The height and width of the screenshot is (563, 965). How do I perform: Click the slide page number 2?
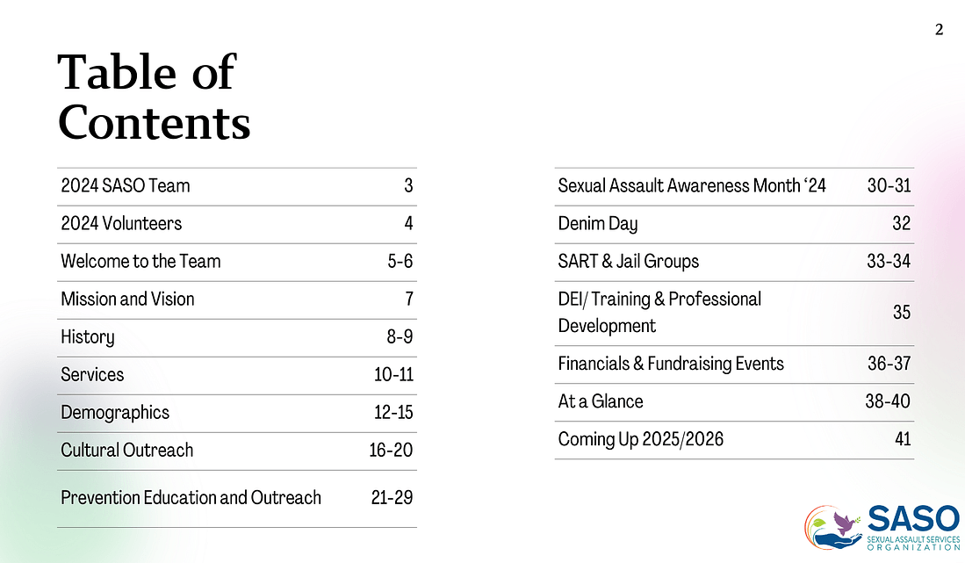coord(939,30)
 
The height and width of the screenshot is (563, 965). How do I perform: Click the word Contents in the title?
coord(154,123)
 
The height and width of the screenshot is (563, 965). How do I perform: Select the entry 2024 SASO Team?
coord(126,186)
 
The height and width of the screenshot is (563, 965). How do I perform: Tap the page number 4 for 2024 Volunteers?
coord(408,224)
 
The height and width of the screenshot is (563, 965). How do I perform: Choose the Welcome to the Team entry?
coord(140,262)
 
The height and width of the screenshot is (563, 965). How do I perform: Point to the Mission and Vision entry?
coord(127,300)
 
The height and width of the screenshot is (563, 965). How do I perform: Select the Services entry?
coord(92,375)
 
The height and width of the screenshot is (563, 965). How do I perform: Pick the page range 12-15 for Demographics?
coord(392,413)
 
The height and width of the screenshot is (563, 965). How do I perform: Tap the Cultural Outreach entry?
coord(126,451)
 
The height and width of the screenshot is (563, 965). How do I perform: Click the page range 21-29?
coord(392,498)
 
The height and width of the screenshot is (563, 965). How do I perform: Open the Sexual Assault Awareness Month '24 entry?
coord(692,186)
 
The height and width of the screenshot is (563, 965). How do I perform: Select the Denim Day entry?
coord(597,224)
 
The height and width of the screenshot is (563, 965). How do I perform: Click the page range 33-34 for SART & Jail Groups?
coord(887,262)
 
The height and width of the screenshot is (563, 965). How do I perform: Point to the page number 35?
coord(901,313)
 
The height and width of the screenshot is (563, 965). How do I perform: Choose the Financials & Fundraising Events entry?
coord(671,364)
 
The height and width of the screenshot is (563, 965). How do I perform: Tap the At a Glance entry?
coord(601,401)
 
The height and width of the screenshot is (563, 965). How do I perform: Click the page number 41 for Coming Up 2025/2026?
coord(902,439)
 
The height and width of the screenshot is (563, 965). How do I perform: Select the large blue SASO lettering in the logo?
coord(913,518)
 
